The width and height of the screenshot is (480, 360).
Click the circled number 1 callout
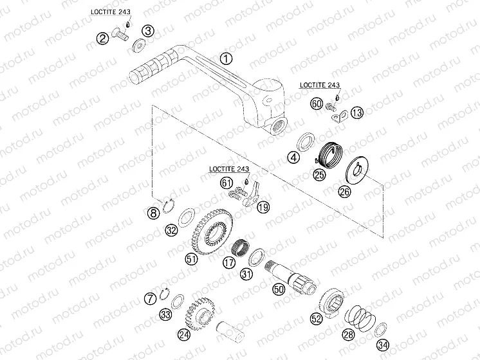(226, 59)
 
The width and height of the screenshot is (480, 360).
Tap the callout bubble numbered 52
(316, 319)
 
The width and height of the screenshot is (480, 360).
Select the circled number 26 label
(344, 192)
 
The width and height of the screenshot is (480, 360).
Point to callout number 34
(382, 345)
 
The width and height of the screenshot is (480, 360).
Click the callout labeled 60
(317, 104)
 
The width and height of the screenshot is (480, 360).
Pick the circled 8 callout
(153, 213)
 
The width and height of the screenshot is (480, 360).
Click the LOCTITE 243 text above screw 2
(111, 12)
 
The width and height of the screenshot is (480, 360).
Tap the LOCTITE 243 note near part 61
(229, 169)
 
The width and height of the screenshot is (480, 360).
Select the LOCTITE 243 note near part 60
(320, 85)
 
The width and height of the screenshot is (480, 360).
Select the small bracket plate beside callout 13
(340, 116)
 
